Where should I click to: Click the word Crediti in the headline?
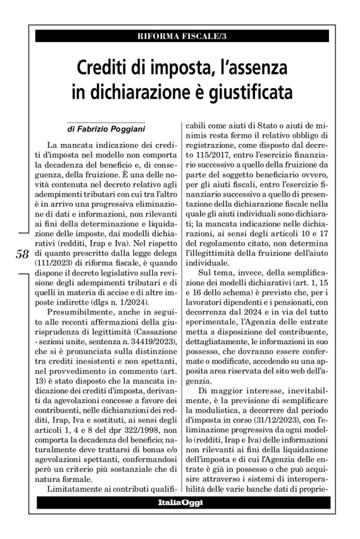[x=104, y=66]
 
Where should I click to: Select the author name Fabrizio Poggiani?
[x=110, y=131]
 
